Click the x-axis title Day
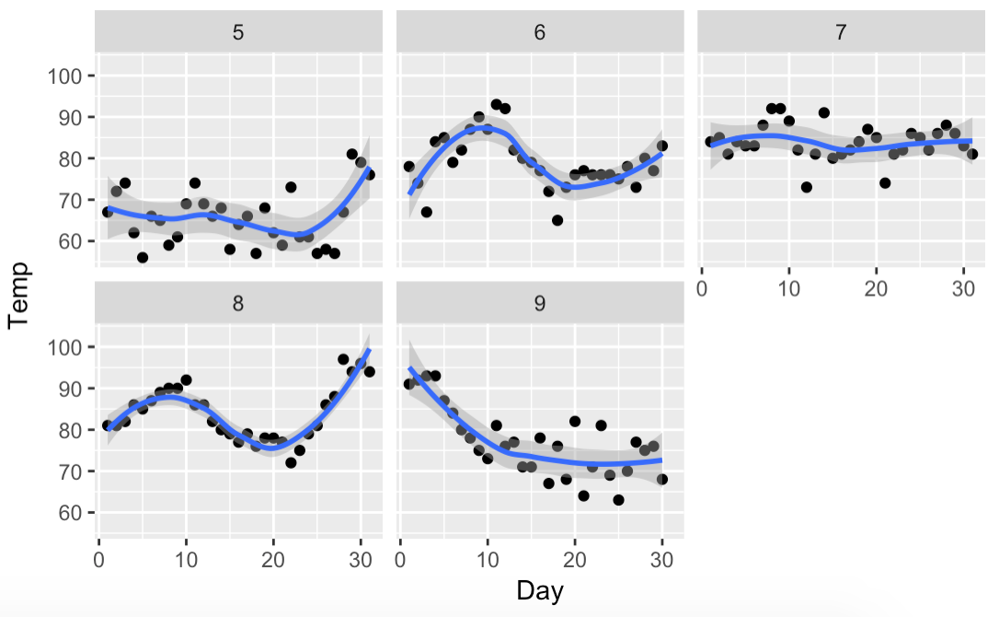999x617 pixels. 540,590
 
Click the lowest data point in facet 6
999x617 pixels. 557,220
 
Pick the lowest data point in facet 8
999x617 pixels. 291,462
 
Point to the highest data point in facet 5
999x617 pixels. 352,155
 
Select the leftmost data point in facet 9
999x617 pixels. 409,384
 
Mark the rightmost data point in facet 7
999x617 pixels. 972,154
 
